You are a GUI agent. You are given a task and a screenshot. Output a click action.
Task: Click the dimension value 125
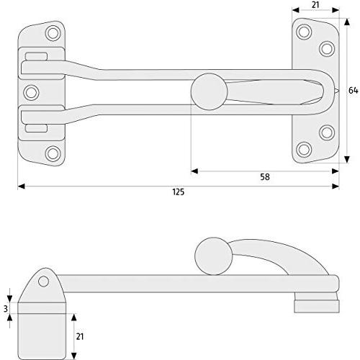pyautogui.click(x=179, y=192)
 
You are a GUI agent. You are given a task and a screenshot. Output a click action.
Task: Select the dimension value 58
pyautogui.click(x=265, y=177)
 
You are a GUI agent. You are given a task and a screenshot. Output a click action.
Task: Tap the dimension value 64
pyautogui.click(x=353, y=91)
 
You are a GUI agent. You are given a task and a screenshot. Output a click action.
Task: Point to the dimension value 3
pyautogui.click(x=6, y=309)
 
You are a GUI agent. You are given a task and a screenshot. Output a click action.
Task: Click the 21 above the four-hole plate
pyautogui.click(x=315, y=5)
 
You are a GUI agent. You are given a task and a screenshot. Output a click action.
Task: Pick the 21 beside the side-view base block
pyautogui.click(x=80, y=336)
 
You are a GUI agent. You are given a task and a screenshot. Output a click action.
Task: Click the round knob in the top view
pyautogui.click(x=210, y=91)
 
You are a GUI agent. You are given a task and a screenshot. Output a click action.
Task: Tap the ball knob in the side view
pyautogui.click(x=214, y=256)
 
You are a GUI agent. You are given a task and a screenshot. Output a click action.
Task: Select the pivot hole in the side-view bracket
pyautogui.click(x=43, y=282)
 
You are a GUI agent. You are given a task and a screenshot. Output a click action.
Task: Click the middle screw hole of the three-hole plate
pyautogui.click(x=31, y=92)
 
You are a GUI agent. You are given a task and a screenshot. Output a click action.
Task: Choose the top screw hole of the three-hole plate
pyautogui.click(x=53, y=33)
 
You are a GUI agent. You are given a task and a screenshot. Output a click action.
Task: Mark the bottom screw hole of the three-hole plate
pyautogui.click(x=53, y=153)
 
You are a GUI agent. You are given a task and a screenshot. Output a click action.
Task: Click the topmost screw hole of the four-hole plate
pyautogui.click(x=304, y=32)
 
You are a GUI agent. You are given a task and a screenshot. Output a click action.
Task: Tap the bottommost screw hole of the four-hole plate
pyautogui.click(x=304, y=150)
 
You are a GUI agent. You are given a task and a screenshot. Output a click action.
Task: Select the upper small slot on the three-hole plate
pyautogui.click(x=36, y=56)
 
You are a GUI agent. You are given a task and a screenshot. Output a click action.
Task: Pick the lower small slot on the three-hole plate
pyautogui.click(x=36, y=128)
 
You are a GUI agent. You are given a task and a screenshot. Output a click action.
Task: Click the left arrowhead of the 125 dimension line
pyautogui.click(x=21, y=186)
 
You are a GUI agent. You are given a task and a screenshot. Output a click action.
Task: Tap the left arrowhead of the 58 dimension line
pyautogui.click(x=194, y=171)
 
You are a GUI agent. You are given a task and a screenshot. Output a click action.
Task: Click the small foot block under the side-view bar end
pyautogui.click(x=317, y=306)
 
